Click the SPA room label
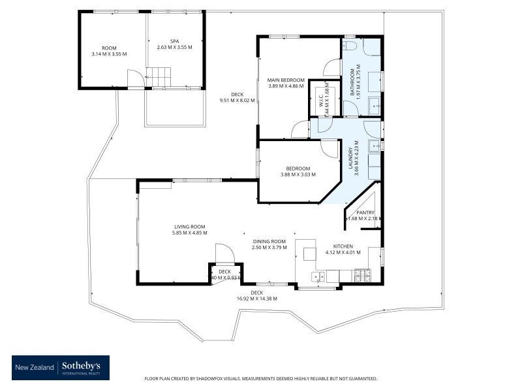click(x=174, y=41)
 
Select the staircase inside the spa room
click(x=158, y=76)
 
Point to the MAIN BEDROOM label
click(x=286, y=80)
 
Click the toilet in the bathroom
click(x=350, y=46)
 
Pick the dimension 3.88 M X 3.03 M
click(x=298, y=174)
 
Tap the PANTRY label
click(x=365, y=212)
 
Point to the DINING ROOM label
click(x=269, y=240)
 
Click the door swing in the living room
click(x=222, y=253)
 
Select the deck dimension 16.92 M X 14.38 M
click(x=256, y=299)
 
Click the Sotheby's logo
click(x=61, y=368)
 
